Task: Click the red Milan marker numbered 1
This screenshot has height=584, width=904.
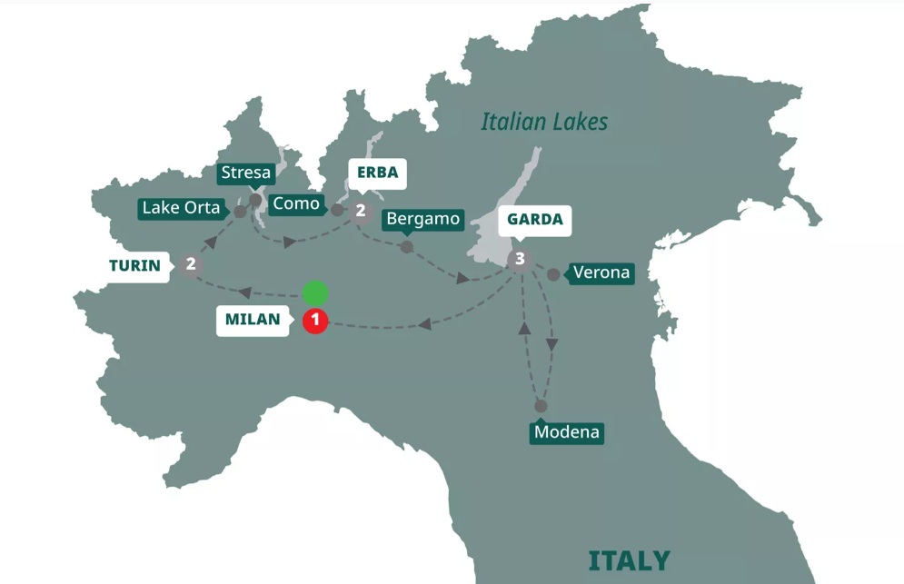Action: click(x=314, y=321)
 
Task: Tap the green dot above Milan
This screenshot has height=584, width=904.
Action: click(x=314, y=293)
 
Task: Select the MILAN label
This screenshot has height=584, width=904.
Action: click(x=253, y=321)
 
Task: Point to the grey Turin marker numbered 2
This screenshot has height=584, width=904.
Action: click(x=191, y=264)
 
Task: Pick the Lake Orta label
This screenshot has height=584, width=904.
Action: click(x=182, y=208)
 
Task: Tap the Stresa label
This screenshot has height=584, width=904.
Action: click(x=245, y=173)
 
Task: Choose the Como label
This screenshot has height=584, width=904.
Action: click(x=296, y=204)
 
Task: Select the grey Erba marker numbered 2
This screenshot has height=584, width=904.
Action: click(x=361, y=211)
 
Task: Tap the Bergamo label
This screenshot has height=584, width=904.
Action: click(x=422, y=219)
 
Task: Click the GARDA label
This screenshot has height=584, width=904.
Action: click(x=534, y=220)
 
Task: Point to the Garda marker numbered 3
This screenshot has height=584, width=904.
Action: click(x=519, y=260)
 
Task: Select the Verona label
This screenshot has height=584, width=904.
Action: click(x=601, y=273)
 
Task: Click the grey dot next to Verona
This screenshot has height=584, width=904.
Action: click(x=553, y=273)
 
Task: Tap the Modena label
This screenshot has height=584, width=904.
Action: click(x=567, y=432)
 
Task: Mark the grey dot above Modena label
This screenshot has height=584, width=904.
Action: click(x=541, y=406)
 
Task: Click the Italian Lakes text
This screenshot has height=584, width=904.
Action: click(x=544, y=122)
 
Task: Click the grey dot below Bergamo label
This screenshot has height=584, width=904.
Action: click(x=407, y=246)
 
